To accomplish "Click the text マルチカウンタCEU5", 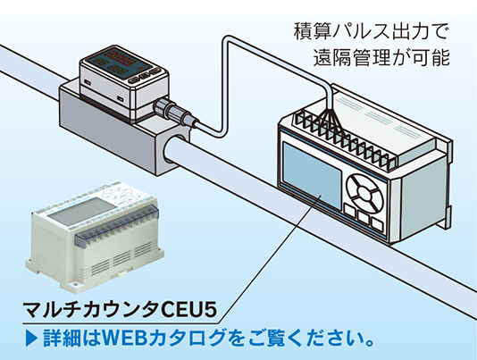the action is (x=121, y=310).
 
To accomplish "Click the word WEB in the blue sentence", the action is (x=123, y=339).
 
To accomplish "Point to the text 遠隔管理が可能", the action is (x=381, y=57).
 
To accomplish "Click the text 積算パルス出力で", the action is (x=371, y=31).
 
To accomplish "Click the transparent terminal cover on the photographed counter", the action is (x=115, y=225).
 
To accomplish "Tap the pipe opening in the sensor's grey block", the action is (x=174, y=149).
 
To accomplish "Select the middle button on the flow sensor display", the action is (x=144, y=78).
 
